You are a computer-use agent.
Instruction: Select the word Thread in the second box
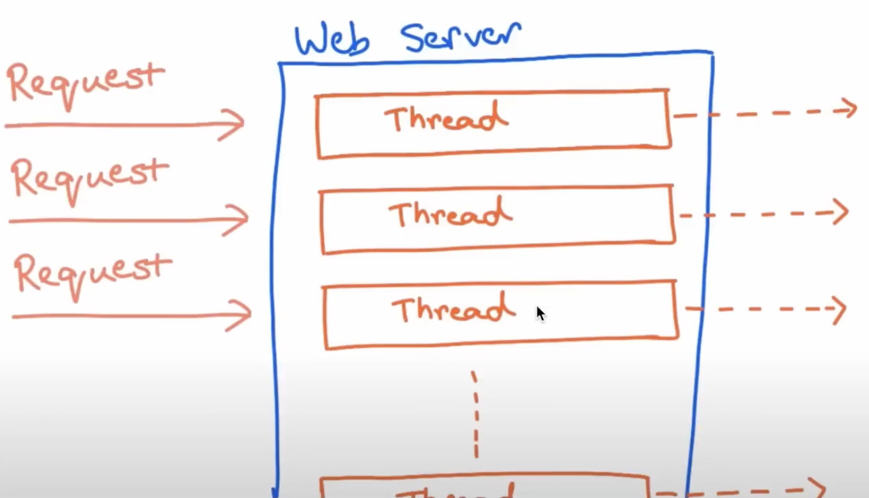coord(450,214)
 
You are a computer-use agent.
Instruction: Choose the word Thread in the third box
coord(453,309)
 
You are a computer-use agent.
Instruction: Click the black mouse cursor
coord(540,313)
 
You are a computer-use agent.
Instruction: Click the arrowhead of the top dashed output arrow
coord(850,109)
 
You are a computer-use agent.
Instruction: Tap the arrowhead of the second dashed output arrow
coord(842,212)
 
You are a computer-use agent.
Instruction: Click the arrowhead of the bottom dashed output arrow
coord(819,487)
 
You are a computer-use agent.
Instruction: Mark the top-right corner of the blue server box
coord(711,53)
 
